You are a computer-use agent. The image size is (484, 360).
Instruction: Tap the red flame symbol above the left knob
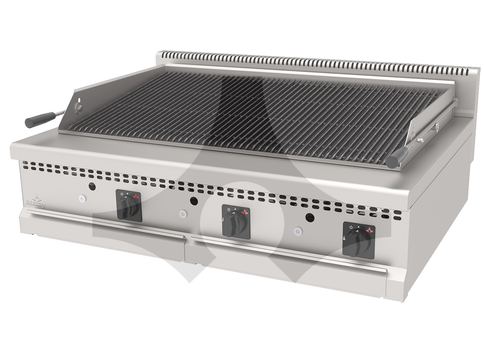click(136, 196)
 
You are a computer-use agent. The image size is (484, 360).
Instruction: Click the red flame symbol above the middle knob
click(245, 211)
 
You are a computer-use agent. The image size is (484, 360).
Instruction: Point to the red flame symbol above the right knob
click(369, 229)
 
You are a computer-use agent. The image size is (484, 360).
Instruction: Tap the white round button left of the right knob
click(298, 231)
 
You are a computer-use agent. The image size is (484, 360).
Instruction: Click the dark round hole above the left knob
click(92, 186)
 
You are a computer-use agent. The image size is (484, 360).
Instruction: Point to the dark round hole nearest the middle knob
click(193, 201)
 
